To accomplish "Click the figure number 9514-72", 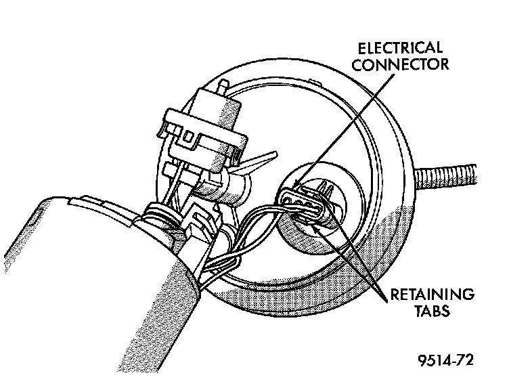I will click(x=445, y=360).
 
